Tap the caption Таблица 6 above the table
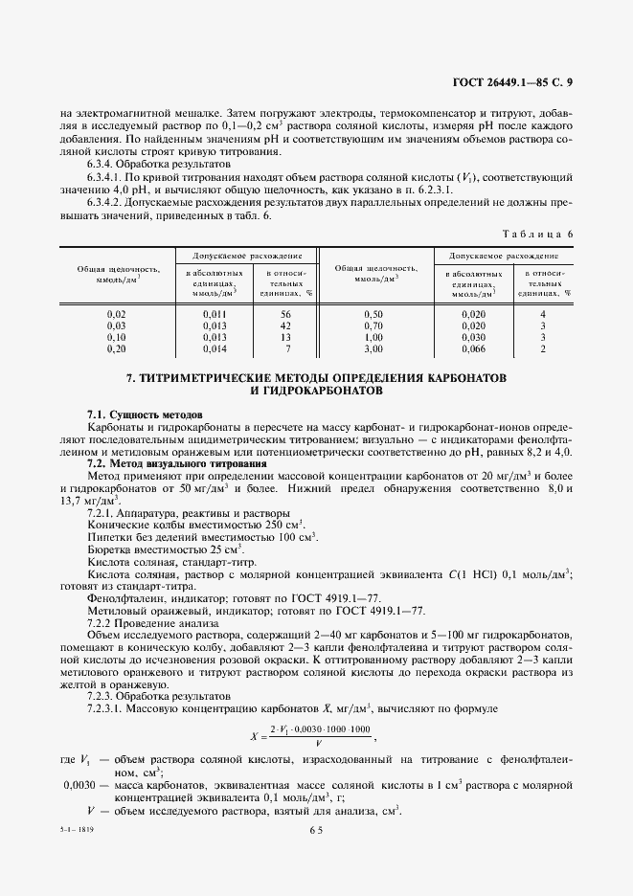tap(537, 235)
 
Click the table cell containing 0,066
tap(473, 348)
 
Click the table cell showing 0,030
tap(473, 337)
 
